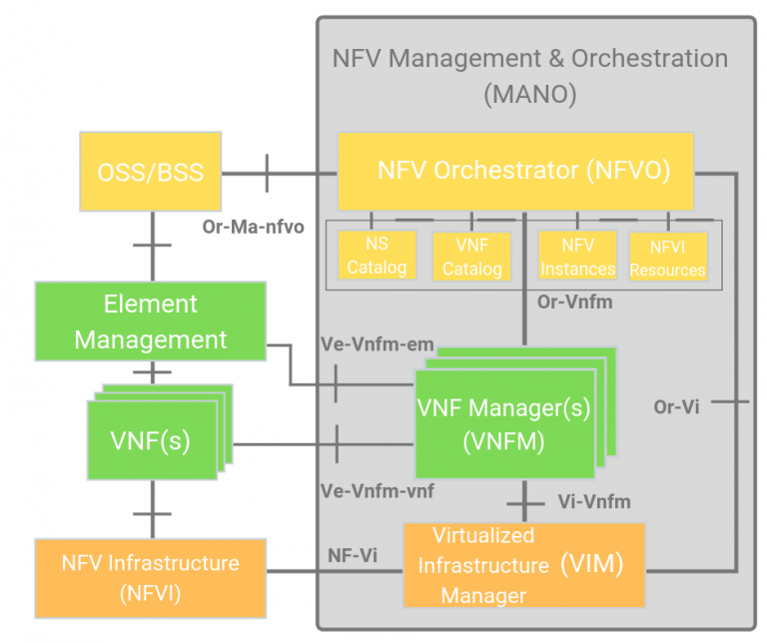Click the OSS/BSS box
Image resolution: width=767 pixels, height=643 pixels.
[x=151, y=173]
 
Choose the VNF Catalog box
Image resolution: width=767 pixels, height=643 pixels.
[x=471, y=257]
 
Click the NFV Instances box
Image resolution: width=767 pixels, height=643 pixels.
[x=577, y=257]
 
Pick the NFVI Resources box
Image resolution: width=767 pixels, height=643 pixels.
[x=667, y=257]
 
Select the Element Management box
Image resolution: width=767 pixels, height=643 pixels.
[x=151, y=321]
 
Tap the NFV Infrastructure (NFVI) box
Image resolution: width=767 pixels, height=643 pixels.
[x=151, y=577]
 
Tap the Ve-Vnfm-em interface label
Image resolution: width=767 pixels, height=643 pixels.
[x=377, y=344]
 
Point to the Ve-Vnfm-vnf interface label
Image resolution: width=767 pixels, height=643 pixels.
[x=378, y=490]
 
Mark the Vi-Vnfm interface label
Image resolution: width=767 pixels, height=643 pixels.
[x=591, y=501]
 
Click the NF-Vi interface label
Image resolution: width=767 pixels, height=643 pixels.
[x=353, y=556]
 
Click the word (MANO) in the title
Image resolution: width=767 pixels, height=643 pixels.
[x=529, y=96]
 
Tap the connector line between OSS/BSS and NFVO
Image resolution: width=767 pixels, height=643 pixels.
[x=280, y=173]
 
